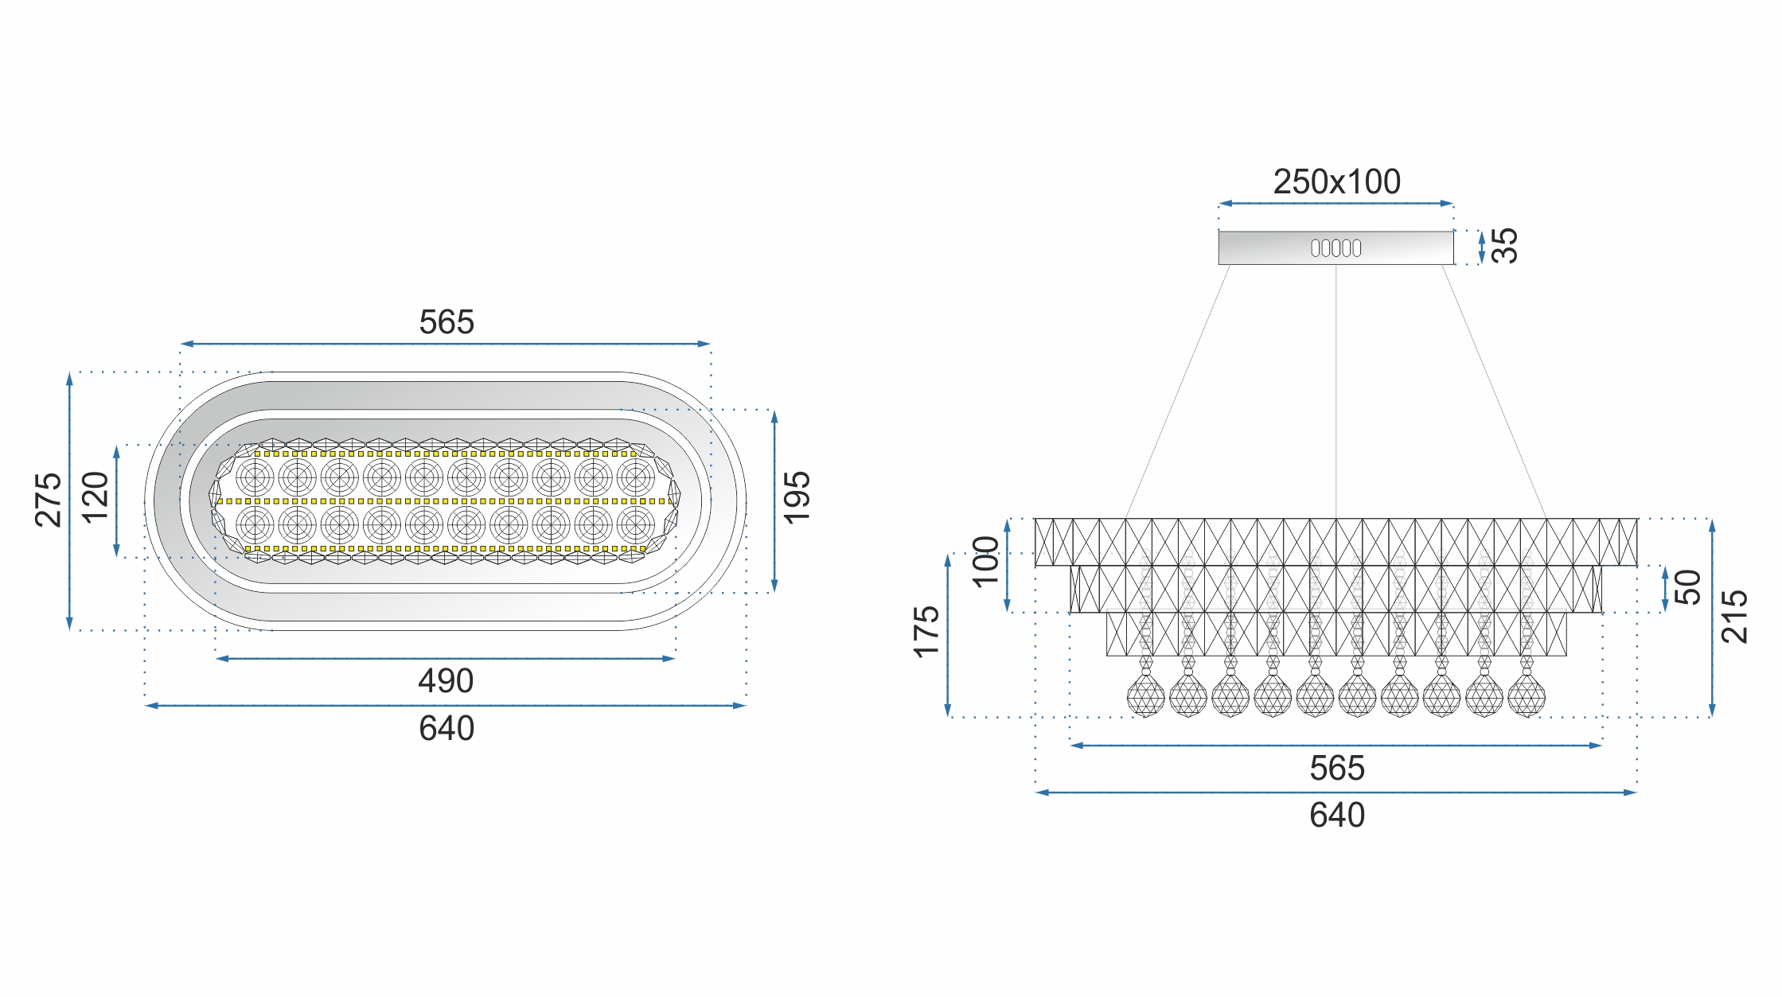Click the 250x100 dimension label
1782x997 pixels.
point(1336,181)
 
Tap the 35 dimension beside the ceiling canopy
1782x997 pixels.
point(1504,246)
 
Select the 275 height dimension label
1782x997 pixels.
point(49,500)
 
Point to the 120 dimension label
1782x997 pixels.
point(96,497)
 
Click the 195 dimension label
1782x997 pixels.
point(797,498)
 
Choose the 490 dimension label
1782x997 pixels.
point(446,681)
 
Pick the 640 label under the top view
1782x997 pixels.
point(446,729)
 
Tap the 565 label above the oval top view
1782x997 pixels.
point(446,322)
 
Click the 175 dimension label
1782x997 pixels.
point(927,633)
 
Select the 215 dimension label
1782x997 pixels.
point(1735,617)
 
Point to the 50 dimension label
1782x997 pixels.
point(1688,587)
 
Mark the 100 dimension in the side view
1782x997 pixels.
point(986,562)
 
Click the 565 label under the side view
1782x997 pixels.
point(1337,769)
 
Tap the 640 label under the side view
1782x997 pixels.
point(1337,816)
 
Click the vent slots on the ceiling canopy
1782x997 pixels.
point(1336,248)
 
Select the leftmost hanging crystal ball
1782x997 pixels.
point(1146,695)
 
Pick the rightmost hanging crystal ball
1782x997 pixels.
point(1527,695)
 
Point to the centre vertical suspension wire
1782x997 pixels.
point(1336,391)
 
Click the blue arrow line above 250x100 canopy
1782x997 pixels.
point(1336,204)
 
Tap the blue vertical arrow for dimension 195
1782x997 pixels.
point(774,501)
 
